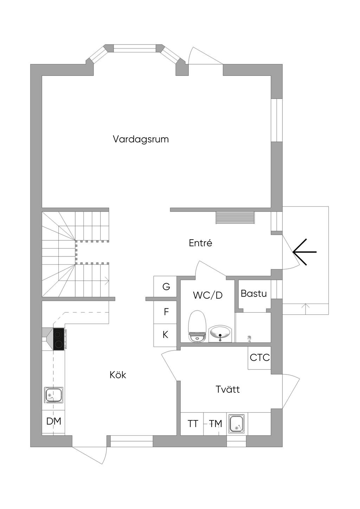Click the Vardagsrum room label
click(141, 139)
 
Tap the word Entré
click(200, 243)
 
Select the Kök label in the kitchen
click(118, 375)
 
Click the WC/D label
click(208, 295)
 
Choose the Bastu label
click(253, 293)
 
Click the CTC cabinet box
click(259, 358)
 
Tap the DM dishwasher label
click(54, 421)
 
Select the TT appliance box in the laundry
click(192, 424)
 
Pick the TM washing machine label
click(216, 424)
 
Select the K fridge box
click(165, 335)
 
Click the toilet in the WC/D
click(197, 327)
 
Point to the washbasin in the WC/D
click(220, 334)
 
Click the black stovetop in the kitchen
click(59, 339)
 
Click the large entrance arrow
click(304, 252)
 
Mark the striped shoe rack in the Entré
click(235, 218)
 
